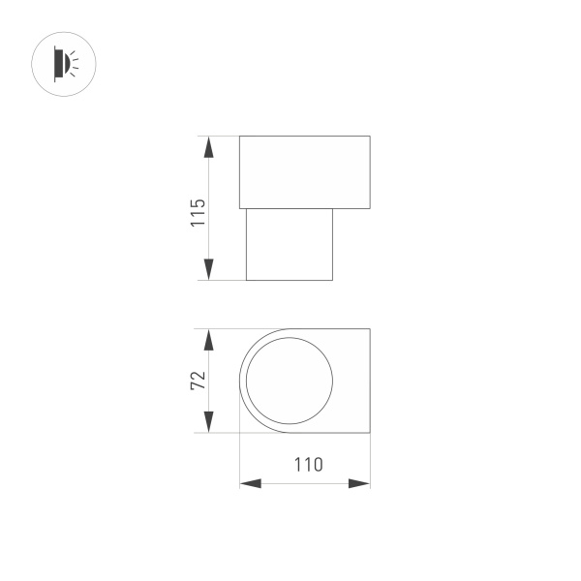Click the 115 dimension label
pyautogui.click(x=198, y=211)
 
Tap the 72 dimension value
pyautogui.click(x=198, y=381)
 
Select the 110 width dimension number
pyautogui.click(x=308, y=465)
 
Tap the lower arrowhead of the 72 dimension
pyautogui.click(x=208, y=421)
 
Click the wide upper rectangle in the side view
pyautogui.click(x=304, y=172)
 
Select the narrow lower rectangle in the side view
pyautogui.click(x=289, y=244)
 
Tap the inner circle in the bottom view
pyautogui.click(x=289, y=381)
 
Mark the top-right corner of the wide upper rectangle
pyautogui.click(x=370, y=137)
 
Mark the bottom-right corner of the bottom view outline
pyautogui.click(x=370, y=433)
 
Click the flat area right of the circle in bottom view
pyautogui.click(x=352, y=381)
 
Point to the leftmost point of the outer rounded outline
pyautogui.click(x=239, y=381)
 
